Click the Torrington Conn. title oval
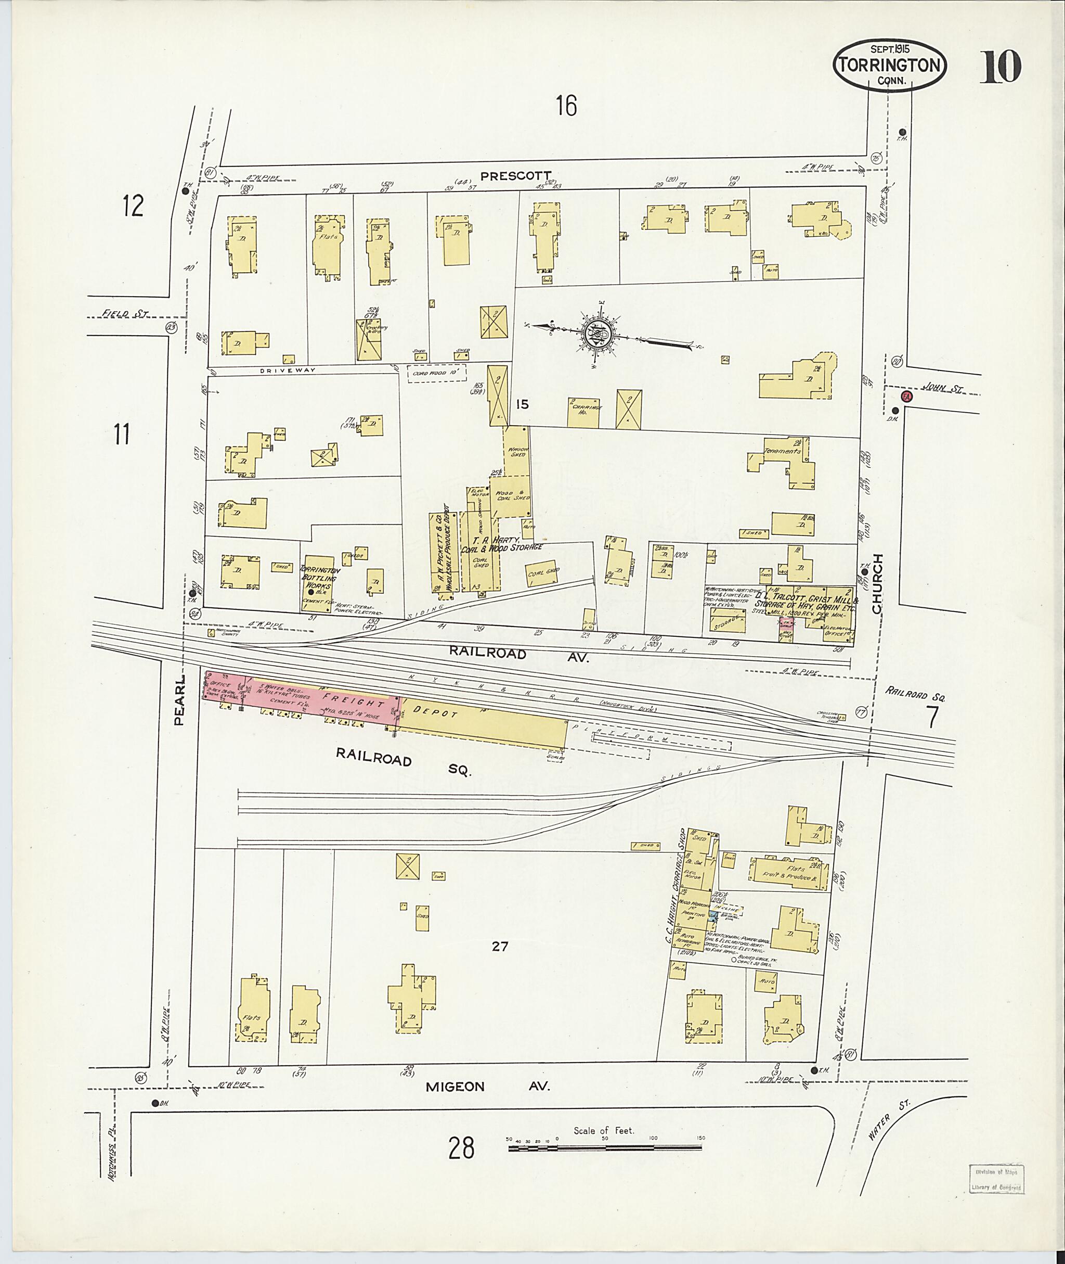(889, 65)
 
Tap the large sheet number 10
(1000, 67)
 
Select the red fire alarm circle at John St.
(905, 397)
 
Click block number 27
(499, 946)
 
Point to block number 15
(522, 404)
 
